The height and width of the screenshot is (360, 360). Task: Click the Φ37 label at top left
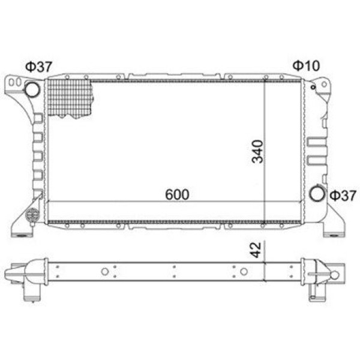(39, 67)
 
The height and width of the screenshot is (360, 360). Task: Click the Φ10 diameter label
(306, 65)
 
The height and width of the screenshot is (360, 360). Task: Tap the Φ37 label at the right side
(343, 196)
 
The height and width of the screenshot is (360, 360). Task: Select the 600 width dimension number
(177, 194)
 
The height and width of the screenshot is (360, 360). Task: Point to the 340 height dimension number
(257, 152)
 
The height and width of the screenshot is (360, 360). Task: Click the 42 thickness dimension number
(256, 250)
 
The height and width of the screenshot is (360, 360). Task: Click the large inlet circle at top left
(32, 89)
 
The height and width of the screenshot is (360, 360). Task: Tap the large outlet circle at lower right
(317, 194)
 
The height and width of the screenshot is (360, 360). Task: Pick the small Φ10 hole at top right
(313, 87)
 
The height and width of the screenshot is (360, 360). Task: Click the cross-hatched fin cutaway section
(70, 98)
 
